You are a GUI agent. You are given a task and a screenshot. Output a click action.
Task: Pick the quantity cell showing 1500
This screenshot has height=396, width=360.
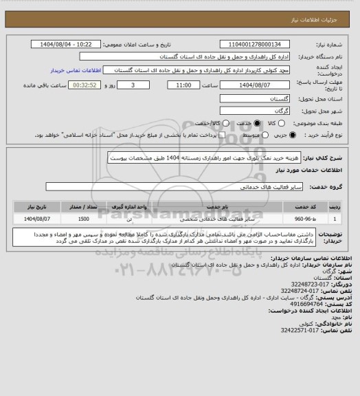83,218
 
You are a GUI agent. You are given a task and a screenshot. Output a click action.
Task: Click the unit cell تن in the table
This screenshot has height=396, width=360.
131,218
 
